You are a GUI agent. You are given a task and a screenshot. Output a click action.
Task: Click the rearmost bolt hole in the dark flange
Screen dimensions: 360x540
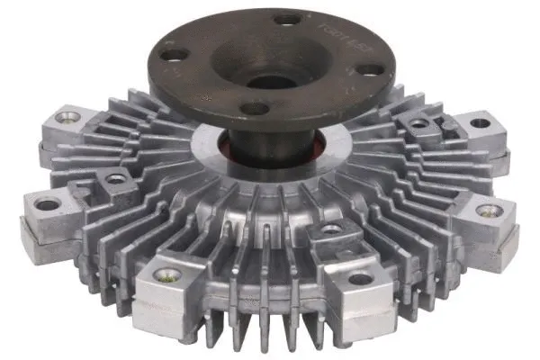287,18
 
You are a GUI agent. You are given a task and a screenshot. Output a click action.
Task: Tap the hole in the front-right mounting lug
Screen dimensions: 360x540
361,278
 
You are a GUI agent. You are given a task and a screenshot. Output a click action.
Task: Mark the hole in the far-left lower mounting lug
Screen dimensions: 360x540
46,204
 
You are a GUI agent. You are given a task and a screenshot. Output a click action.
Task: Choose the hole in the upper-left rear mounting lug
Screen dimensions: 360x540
67,117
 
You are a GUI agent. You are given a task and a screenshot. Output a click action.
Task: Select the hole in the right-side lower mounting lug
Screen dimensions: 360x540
490,211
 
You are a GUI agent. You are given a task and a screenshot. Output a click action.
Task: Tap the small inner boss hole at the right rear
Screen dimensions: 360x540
417,123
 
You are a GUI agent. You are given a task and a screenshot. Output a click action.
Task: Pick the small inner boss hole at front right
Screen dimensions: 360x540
332,229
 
